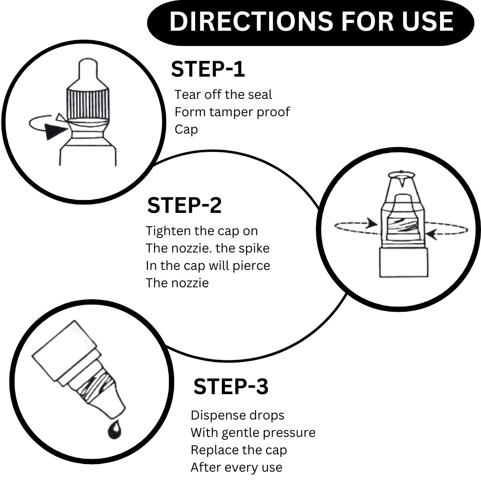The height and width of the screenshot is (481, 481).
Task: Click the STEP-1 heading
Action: (208, 69)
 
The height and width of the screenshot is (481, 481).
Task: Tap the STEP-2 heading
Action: (184, 205)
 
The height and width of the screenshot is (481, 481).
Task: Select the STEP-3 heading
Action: (231, 387)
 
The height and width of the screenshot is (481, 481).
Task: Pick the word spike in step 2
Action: (254, 248)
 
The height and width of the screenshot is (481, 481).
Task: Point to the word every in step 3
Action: (246, 468)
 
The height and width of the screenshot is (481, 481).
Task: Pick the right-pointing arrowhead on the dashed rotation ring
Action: (371, 224)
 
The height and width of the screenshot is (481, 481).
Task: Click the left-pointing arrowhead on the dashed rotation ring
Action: (432, 232)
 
